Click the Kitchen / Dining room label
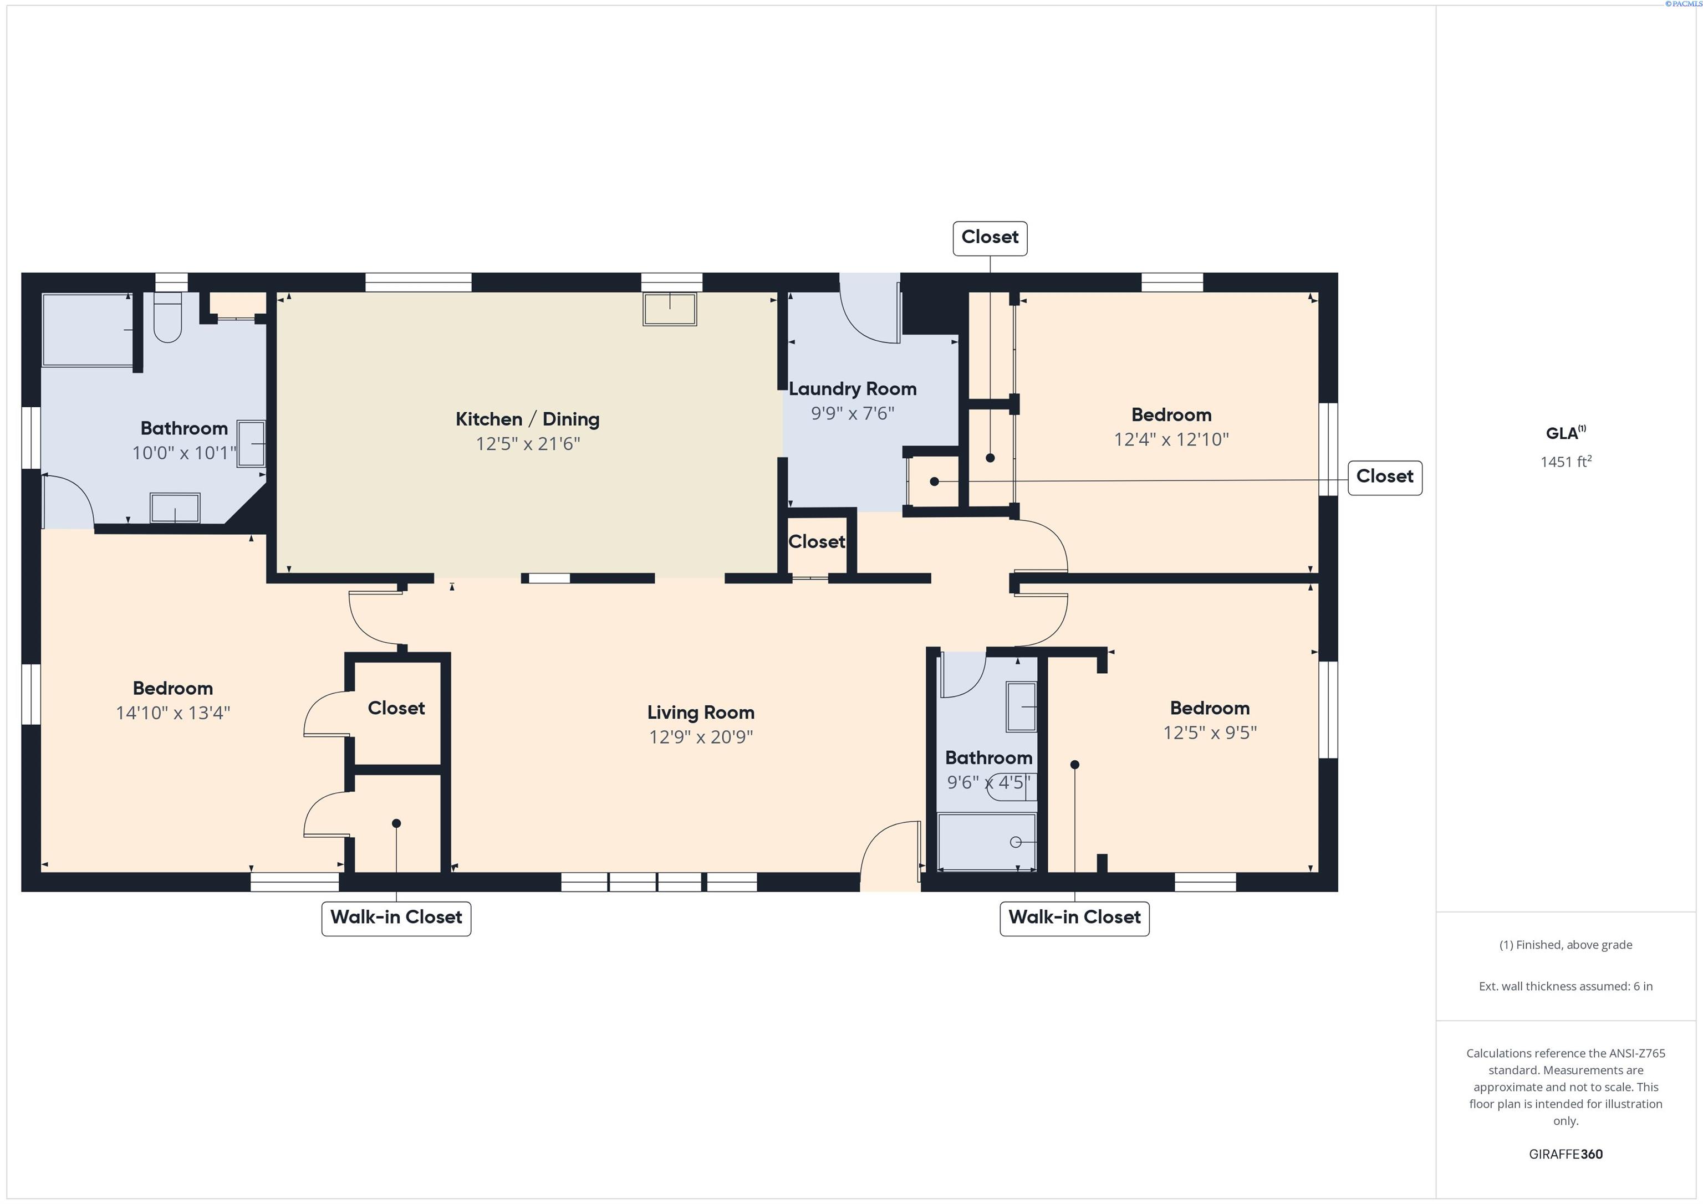[527, 419]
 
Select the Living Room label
[701, 713]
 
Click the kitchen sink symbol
[670, 309]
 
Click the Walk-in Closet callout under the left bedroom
[396, 918]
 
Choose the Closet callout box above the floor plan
[990, 238]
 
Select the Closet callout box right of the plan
[1385, 477]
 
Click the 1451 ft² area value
[1566, 461]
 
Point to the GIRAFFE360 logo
[1566, 1154]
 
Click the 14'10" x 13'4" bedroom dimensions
[173, 713]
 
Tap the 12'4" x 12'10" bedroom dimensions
[1171, 439]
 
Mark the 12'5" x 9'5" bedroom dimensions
[1210, 732]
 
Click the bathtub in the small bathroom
[987, 842]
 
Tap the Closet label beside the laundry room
[817, 542]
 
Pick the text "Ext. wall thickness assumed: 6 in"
[1566, 986]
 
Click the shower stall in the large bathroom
[87, 330]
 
